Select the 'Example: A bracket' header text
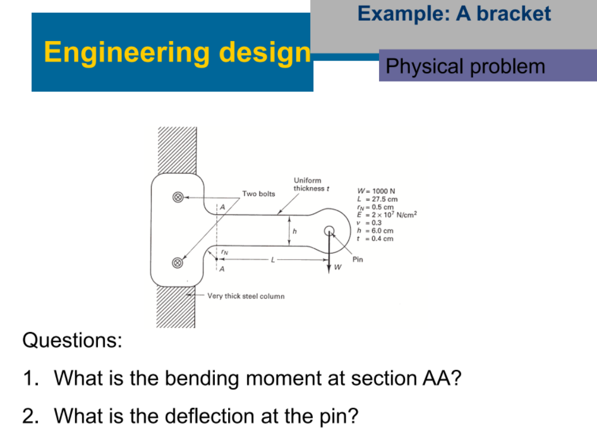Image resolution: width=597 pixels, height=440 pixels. tap(454, 14)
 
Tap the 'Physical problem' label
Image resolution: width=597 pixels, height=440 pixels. tap(465, 66)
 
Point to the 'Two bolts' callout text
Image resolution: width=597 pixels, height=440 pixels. tap(258, 193)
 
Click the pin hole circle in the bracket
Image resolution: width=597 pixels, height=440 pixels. tap(329, 231)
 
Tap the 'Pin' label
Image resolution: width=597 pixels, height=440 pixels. tap(358, 259)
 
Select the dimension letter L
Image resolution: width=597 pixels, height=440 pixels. tap(273, 259)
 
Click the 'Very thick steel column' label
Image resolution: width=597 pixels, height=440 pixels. tap(246, 296)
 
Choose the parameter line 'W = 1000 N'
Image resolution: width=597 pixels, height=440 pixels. tap(376, 191)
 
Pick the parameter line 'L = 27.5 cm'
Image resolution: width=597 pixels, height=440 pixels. tap(377, 199)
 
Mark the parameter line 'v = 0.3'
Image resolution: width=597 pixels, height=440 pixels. tap(369, 223)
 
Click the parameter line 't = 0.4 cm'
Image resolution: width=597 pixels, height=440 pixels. tap(375, 239)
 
